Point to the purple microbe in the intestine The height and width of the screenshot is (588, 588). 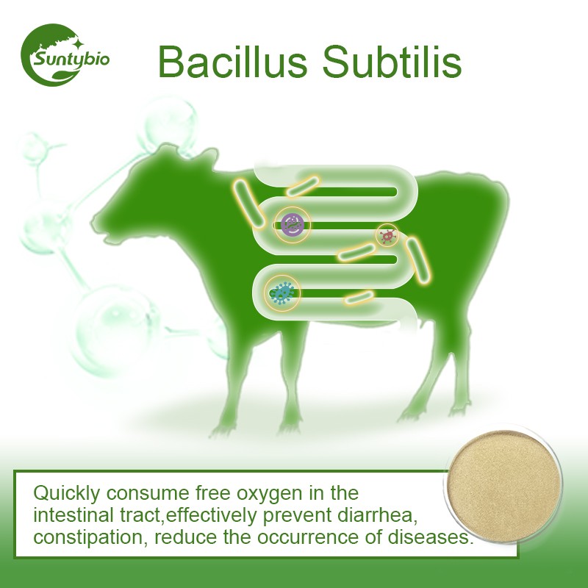pos(293,224)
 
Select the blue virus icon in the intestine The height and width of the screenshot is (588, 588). pos(282,293)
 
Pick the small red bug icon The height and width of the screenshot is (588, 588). pos(387,235)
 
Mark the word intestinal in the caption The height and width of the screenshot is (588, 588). pos(73,514)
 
